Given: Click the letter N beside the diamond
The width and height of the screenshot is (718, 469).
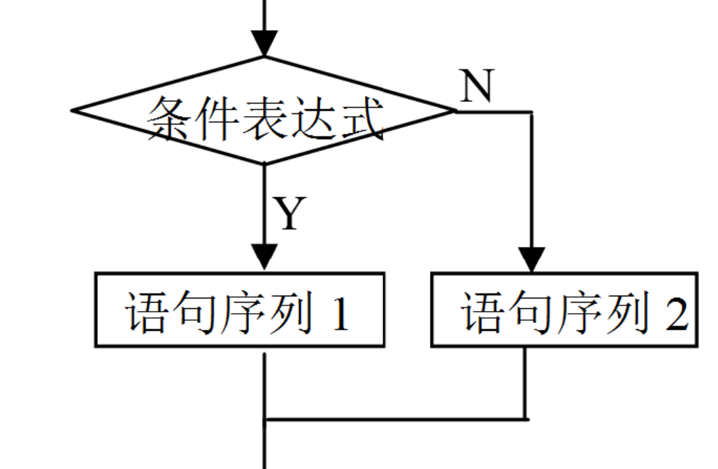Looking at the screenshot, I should click(478, 86).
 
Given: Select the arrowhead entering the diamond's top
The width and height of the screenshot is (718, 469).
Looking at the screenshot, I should click(264, 43).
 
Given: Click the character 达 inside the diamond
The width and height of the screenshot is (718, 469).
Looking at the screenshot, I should click(314, 118).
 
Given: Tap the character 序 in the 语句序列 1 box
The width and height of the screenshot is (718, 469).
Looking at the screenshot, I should click(243, 312).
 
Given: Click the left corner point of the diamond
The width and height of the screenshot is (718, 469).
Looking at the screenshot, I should click(73, 110).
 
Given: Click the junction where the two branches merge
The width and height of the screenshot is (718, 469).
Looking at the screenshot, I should click(265, 420).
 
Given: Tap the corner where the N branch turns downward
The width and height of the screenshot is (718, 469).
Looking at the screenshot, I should click(531, 112).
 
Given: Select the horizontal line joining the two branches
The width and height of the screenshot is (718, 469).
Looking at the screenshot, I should click(395, 420).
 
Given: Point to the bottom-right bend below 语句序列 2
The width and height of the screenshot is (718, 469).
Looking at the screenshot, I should click(526, 419).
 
